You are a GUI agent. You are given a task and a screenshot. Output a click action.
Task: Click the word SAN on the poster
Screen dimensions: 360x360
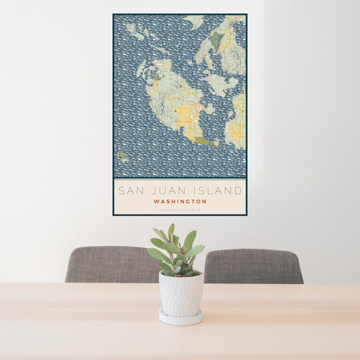point(131,191)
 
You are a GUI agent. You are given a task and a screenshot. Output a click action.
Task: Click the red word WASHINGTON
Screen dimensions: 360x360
point(180,202)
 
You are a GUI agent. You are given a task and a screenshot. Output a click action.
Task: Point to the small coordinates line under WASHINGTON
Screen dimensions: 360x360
point(180,209)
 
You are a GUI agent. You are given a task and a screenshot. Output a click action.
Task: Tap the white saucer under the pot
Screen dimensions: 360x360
point(181,319)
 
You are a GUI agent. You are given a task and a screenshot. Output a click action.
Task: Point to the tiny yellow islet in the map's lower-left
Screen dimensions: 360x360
point(122,157)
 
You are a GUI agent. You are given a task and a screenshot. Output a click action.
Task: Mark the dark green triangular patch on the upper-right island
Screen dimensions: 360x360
point(216,40)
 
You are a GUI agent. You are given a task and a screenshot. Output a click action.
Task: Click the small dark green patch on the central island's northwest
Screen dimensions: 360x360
point(157,77)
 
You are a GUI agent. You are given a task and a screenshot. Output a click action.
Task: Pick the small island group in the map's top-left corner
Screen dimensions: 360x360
point(136,32)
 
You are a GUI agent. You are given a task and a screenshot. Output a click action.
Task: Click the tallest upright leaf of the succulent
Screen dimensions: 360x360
point(171,231)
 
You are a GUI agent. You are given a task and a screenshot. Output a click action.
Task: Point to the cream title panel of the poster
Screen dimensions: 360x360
point(180,197)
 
